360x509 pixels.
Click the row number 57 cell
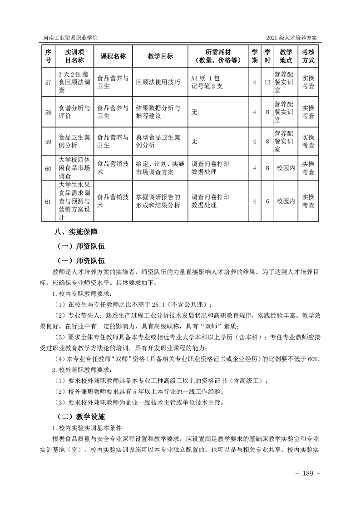pyautogui.click(x=48, y=82)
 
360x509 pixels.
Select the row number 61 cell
pyautogui.click(x=48, y=201)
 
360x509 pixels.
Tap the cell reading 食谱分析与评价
pyautogui.click(x=74, y=112)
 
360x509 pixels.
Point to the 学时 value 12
pyautogui.click(x=267, y=82)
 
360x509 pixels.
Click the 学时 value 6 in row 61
pyautogui.click(x=267, y=201)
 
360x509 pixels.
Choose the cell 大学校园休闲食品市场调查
pyautogui.click(x=74, y=168)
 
